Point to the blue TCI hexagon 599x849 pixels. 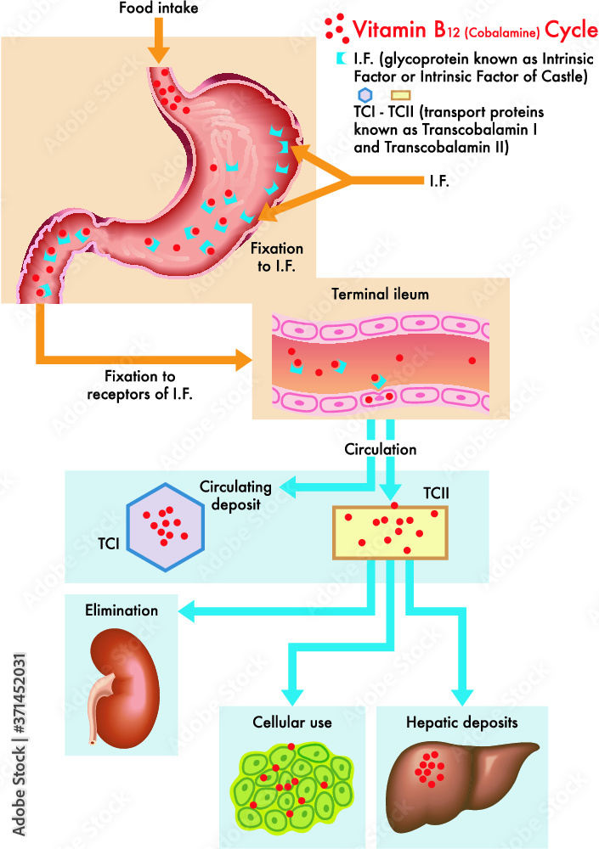click(165, 527)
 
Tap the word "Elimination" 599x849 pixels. click(121, 610)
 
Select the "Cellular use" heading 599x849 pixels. click(291, 722)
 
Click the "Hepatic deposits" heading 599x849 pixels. click(463, 722)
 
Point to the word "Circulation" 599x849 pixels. click(381, 448)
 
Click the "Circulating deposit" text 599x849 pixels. click(235, 494)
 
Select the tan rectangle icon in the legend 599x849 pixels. click(400, 97)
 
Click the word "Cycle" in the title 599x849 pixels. click(570, 32)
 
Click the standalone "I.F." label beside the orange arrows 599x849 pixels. click(436, 181)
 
